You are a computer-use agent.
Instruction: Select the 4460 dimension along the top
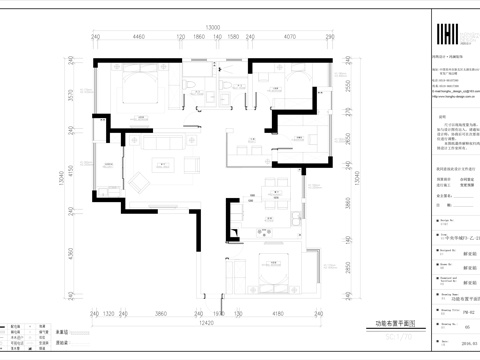click(139, 37)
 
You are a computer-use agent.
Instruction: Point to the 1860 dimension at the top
click(199, 37)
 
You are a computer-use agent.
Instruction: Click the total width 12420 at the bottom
click(207, 323)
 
